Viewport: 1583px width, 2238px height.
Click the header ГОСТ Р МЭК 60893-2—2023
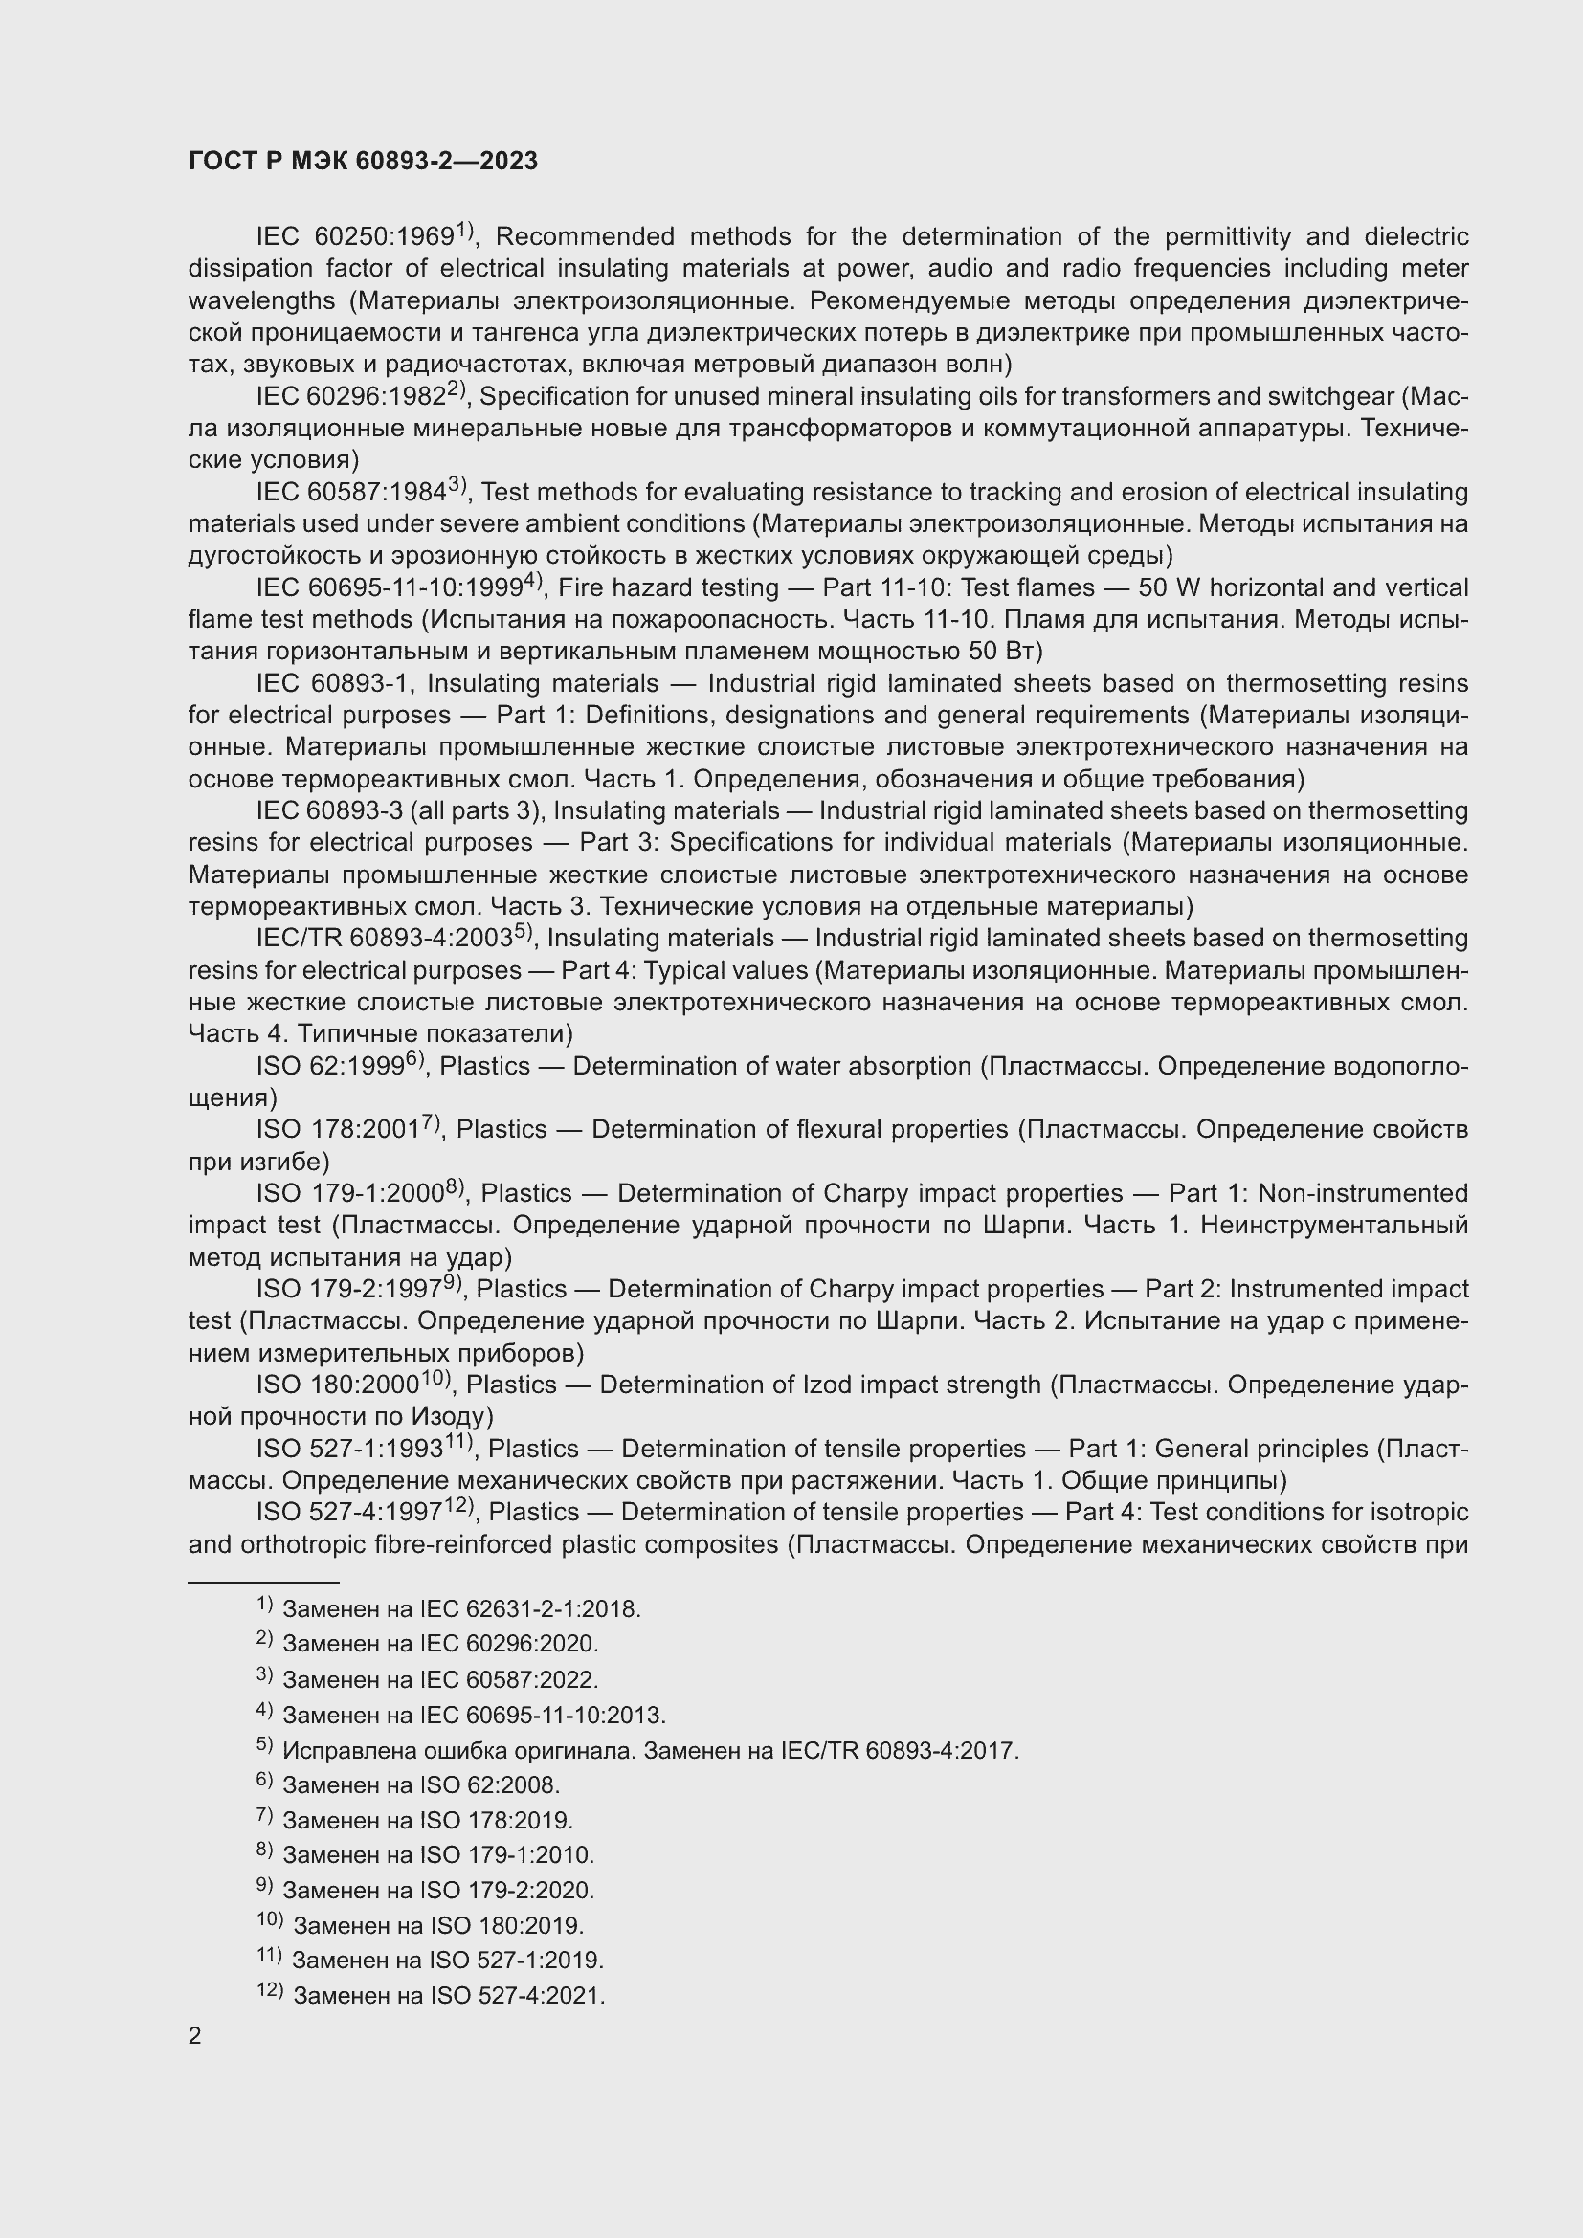(x=363, y=162)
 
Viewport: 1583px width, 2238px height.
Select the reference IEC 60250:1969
(x=356, y=237)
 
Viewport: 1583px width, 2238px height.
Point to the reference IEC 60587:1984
(x=352, y=492)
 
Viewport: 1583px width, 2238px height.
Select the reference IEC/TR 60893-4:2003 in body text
(x=385, y=938)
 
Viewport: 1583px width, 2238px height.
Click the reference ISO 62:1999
(x=330, y=1066)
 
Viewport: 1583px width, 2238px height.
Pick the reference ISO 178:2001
(x=338, y=1130)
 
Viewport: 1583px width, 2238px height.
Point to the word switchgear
(x=1333, y=397)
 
